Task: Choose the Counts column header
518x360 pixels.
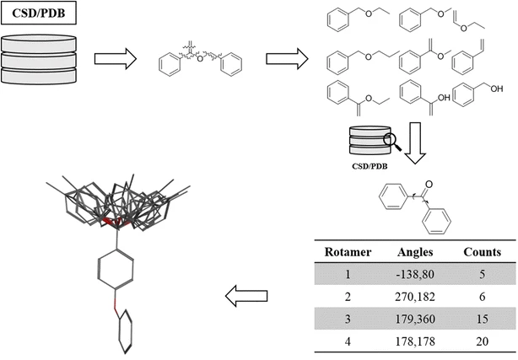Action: pos(483,251)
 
